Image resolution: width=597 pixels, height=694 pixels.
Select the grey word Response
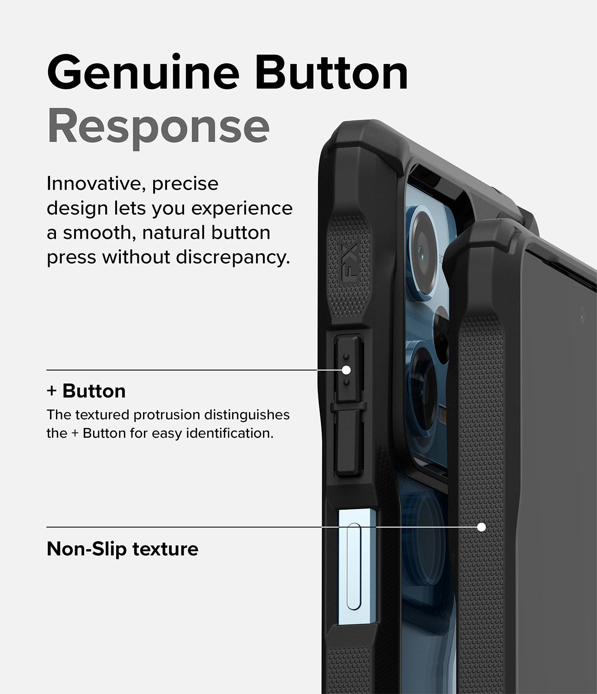tap(158, 126)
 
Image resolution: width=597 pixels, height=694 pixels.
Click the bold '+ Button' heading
tap(86, 391)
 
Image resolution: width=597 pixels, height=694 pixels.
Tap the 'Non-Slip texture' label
tap(122, 549)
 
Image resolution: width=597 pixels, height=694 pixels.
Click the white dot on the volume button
tap(346, 370)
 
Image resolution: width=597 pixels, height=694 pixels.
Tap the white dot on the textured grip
tap(481, 527)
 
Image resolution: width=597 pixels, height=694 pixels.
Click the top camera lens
tap(425, 250)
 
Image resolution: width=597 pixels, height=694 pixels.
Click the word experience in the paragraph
tap(242, 209)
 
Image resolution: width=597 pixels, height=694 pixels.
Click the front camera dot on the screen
tap(582, 318)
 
